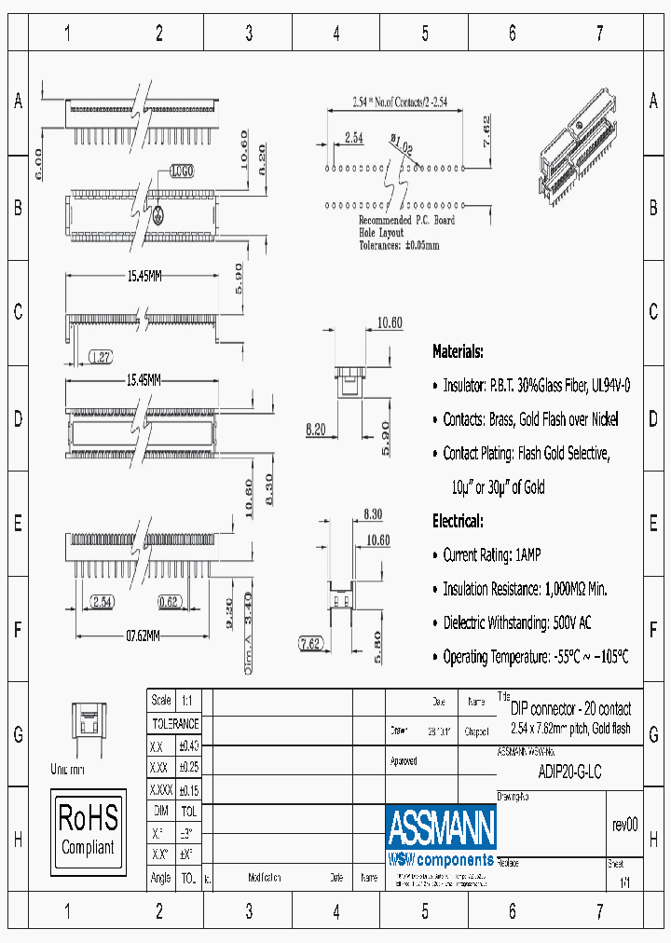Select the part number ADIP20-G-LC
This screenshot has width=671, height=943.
point(570,772)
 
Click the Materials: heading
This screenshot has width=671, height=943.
point(458,352)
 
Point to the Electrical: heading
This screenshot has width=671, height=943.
point(458,521)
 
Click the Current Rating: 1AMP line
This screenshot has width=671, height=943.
point(491,554)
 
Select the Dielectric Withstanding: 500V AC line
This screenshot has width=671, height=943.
point(516,622)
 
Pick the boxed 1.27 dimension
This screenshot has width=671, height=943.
point(103,357)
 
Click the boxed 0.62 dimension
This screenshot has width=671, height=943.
point(169,602)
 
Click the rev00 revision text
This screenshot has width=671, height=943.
point(624,825)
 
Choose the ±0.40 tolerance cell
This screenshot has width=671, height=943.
point(188,745)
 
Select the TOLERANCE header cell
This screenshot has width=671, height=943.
point(175,723)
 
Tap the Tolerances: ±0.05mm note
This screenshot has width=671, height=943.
point(399,246)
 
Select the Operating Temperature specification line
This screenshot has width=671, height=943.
point(535,657)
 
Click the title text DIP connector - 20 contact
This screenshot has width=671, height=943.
point(570,709)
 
